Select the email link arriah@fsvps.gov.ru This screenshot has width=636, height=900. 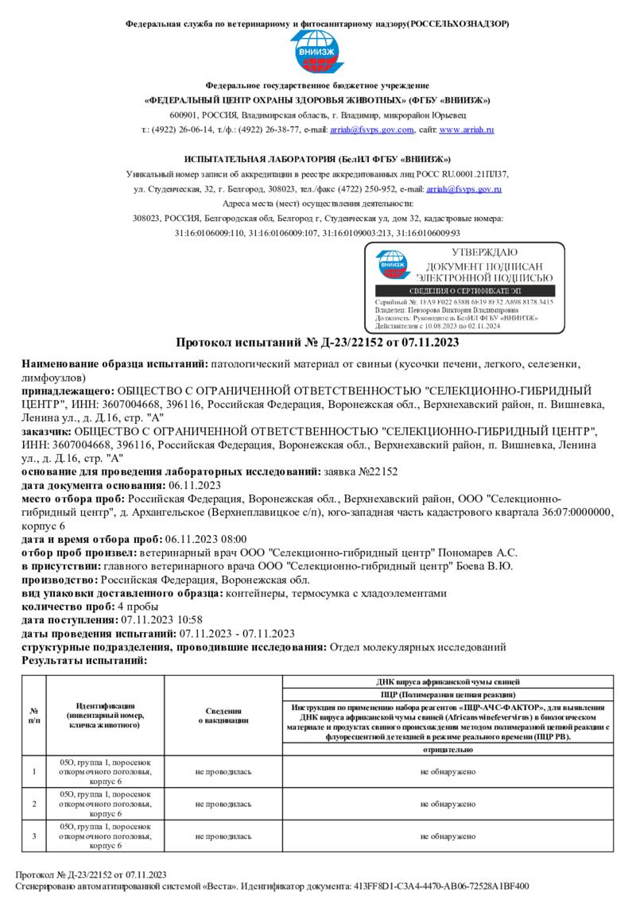[x=463, y=189]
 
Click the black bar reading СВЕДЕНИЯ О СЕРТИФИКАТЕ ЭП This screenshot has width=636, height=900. [x=465, y=292]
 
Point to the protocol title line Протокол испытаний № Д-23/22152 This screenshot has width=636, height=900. [x=317, y=343]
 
